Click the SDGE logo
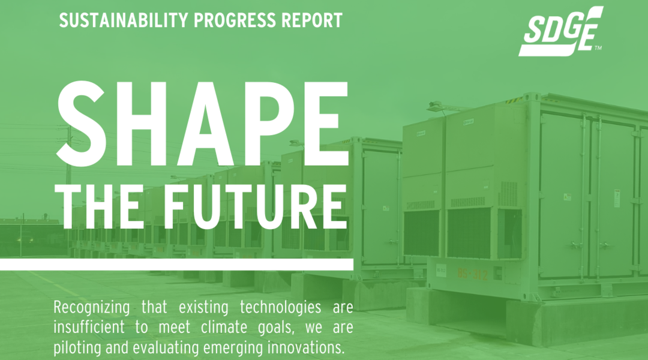click(561, 31)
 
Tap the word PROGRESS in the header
click(235, 20)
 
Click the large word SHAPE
click(202, 124)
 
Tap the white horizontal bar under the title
click(176, 265)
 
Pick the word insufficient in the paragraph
click(89, 327)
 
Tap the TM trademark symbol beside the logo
click(598, 48)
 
